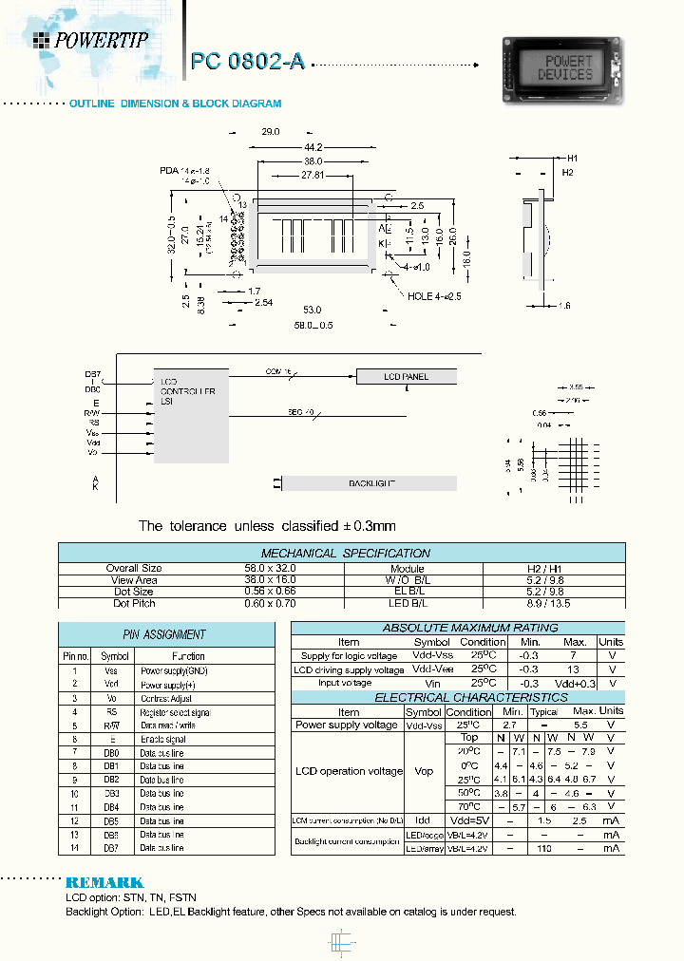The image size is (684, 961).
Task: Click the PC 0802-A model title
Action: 248,62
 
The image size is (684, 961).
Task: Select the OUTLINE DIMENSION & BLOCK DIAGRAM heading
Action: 175,104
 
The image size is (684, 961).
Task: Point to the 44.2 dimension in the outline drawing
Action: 313,147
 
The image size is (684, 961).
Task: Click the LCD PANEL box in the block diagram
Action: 406,377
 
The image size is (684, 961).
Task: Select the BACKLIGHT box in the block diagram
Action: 371,483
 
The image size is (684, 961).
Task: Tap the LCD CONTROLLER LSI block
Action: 190,416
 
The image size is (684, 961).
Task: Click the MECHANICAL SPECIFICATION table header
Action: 345,553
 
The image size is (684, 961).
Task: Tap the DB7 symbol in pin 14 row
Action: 112,847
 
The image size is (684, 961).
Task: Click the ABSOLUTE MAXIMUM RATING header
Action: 457,628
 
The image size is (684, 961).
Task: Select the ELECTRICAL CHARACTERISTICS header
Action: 457,697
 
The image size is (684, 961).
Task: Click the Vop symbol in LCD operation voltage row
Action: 422,771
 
